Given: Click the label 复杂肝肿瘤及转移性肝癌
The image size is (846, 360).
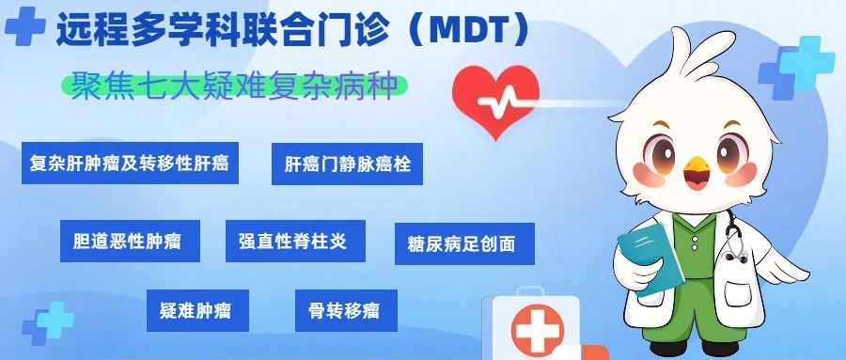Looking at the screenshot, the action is click(130, 163).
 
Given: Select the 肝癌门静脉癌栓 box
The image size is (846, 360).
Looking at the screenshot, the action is click(347, 164).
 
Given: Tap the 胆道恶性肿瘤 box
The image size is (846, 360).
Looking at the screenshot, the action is click(130, 241).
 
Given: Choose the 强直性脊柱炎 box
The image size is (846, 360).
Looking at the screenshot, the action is click(295, 241).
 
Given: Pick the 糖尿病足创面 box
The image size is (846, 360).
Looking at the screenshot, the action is click(464, 243).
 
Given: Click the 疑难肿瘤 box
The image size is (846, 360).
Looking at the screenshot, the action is click(197, 310).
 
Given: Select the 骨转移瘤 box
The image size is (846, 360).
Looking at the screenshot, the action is click(346, 310).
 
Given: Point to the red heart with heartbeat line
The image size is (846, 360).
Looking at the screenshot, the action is click(495, 101).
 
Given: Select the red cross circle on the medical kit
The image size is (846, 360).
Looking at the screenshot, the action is click(537, 329).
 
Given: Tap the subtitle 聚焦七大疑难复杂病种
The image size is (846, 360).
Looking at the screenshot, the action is click(234, 86).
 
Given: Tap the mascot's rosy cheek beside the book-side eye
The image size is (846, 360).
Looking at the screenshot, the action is click(649, 175).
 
